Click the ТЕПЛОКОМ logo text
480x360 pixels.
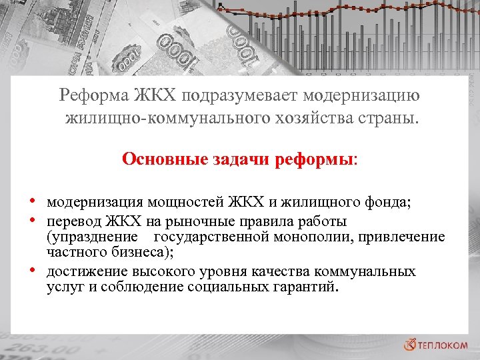pos(446,345)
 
